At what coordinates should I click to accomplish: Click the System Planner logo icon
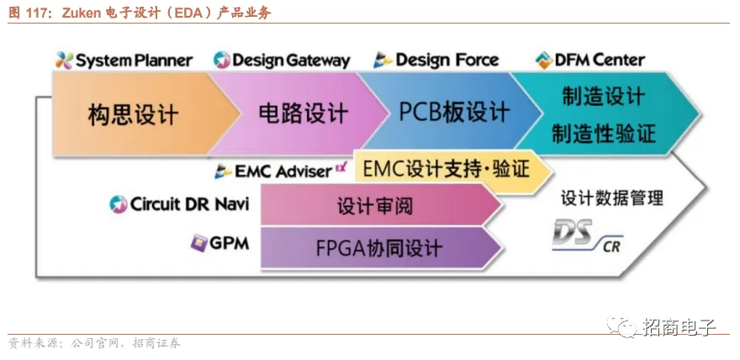click(x=64, y=61)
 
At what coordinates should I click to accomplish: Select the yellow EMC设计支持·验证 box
click(x=446, y=169)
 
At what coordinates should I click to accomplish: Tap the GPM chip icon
click(x=198, y=243)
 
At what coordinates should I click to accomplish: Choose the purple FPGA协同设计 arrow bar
click(x=378, y=248)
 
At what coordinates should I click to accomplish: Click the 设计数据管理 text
click(x=612, y=198)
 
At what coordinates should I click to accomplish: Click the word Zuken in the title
click(x=82, y=13)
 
